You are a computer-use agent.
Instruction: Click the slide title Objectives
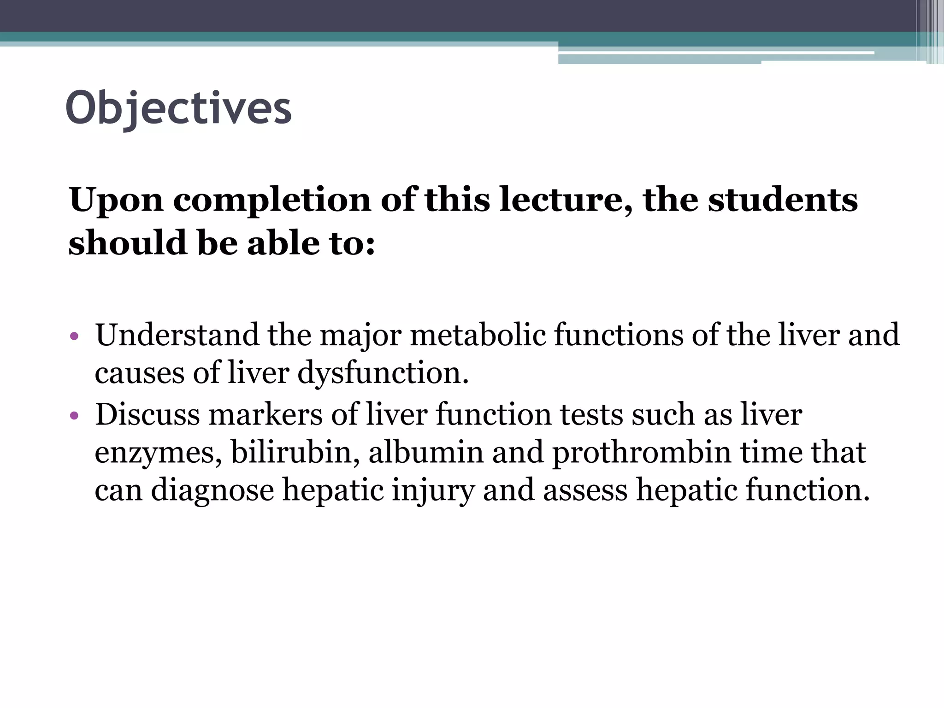tap(179, 108)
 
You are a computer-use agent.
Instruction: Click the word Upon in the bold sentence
tap(116, 201)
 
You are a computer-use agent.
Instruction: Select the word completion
tap(272, 201)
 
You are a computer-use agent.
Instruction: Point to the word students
tap(783, 201)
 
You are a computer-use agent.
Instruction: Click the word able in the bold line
tap(281, 243)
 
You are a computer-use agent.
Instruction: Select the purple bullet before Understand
tap(75, 336)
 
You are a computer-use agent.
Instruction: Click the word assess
tap(585, 490)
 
